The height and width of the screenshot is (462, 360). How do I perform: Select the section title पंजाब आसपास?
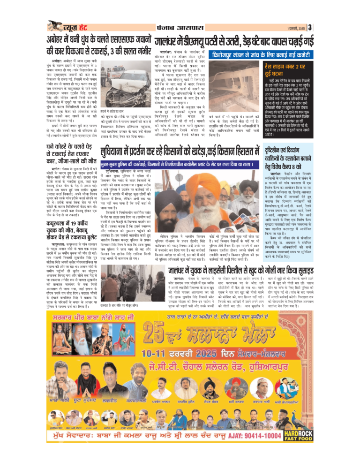pos(180,26)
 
